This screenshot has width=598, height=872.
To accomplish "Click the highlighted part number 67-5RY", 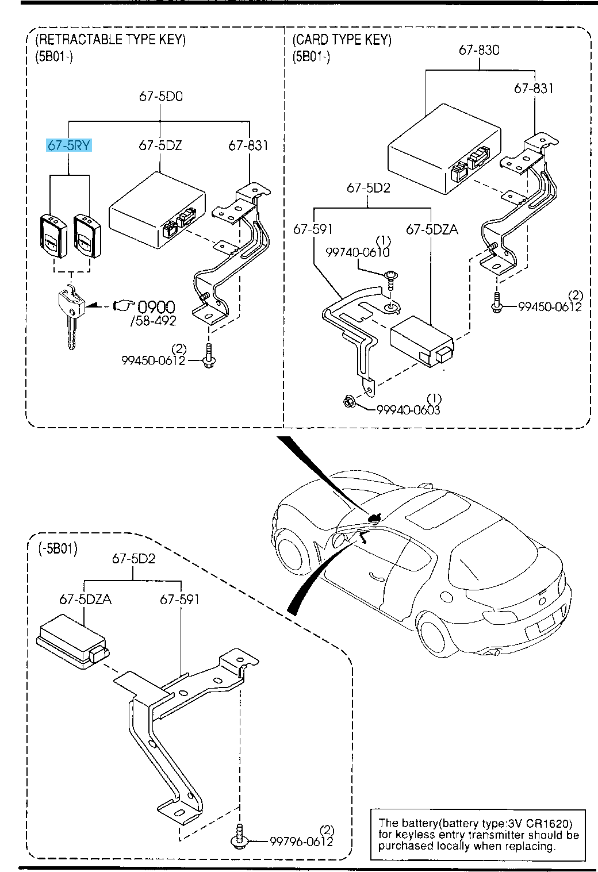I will click(69, 145).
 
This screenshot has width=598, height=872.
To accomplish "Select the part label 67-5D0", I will click(160, 97).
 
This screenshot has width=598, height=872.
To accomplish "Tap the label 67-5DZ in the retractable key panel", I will click(160, 145).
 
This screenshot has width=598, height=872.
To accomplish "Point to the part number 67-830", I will click(479, 50).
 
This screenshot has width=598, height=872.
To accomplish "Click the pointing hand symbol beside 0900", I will click(123, 305).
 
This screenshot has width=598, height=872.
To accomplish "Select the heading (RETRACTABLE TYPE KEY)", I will click(110, 40).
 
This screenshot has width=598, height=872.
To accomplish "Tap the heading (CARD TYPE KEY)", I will click(342, 40).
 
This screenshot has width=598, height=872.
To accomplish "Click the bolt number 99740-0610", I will click(358, 252).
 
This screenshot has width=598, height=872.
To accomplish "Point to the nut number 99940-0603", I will click(408, 410).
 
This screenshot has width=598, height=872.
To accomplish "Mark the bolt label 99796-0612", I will click(301, 842).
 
